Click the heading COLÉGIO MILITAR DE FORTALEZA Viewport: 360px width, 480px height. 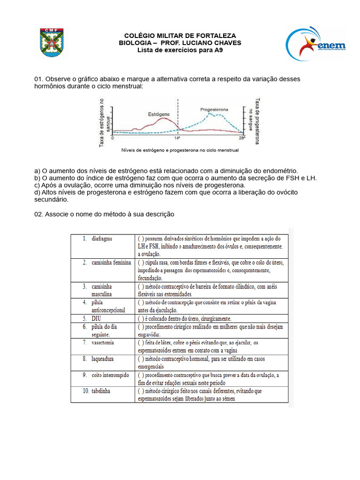tap(180, 36)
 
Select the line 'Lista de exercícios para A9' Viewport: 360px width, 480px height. tap(180, 50)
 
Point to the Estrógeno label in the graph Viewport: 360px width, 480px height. tap(159, 114)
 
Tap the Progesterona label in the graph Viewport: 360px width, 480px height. tap(214, 109)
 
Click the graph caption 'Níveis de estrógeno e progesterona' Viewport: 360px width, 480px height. tap(180, 150)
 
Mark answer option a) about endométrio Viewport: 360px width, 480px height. tap(166, 171)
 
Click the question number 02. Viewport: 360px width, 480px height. tap(39, 214)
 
